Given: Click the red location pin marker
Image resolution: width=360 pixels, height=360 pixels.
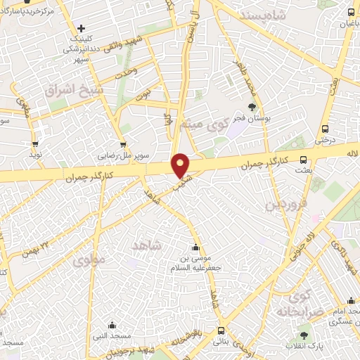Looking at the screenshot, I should coord(181,165).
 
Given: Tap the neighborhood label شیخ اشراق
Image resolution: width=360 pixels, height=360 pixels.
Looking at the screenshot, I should coord(73,90).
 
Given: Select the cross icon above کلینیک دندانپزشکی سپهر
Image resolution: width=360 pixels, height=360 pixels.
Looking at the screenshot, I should coord(82,29).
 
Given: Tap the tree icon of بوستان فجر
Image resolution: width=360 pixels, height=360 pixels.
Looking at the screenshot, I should coord(252,107).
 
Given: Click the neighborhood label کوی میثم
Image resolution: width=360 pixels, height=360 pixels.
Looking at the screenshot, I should coord(210,124).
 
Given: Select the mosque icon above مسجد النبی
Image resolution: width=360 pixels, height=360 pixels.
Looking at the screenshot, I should coord(112,325).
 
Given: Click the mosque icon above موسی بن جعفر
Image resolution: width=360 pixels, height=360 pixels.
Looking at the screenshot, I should coord(195,247).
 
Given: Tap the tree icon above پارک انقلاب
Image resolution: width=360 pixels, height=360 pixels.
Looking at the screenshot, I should coord(304,336).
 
